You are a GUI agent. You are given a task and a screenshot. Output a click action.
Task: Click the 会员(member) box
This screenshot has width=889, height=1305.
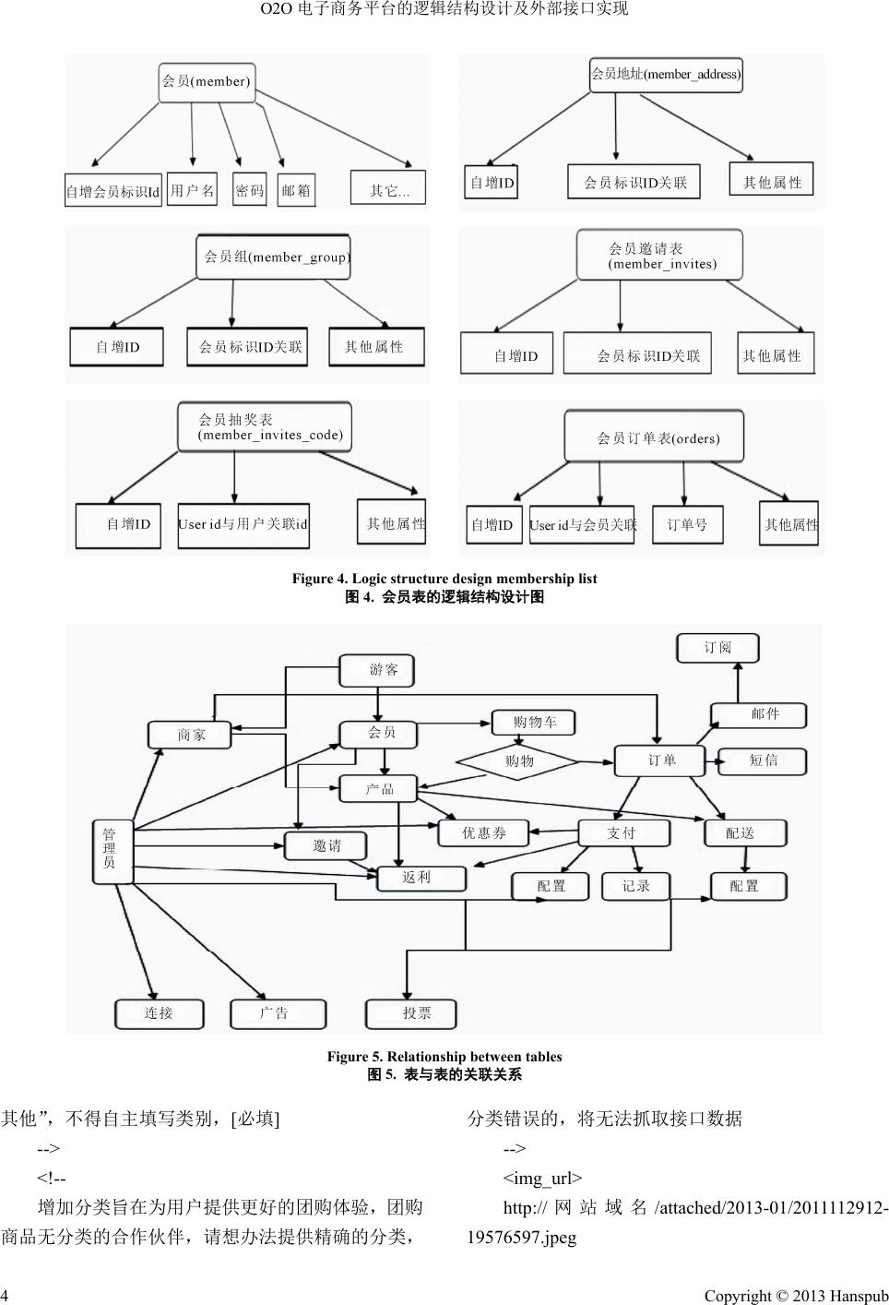click(x=207, y=81)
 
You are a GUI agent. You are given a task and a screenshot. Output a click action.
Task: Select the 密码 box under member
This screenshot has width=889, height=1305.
click(x=249, y=190)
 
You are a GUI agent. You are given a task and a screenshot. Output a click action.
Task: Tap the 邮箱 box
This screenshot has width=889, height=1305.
click(x=296, y=190)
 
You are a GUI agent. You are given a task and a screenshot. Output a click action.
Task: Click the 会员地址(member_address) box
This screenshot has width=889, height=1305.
click(x=666, y=74)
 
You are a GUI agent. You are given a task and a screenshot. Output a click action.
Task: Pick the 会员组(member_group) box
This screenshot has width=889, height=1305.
click(x=274, y=257)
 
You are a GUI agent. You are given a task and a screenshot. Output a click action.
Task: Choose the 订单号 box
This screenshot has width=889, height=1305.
click(x=687, y=524)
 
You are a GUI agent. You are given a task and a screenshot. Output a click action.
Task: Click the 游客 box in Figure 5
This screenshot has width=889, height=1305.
click(x=376, y=670)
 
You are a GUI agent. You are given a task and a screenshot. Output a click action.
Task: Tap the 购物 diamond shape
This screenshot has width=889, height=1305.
click(x=518, y=761)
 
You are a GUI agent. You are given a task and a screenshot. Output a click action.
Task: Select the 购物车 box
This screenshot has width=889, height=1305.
click(x=533, y=723)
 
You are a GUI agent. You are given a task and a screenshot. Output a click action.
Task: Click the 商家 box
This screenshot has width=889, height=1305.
click(x=191, y=735)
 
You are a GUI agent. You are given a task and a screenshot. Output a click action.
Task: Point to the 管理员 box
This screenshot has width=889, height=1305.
click(x=112, y=849)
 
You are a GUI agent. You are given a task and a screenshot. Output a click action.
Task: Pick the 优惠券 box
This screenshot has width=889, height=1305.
click(x=483, y=832)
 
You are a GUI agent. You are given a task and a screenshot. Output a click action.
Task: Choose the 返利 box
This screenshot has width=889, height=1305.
click(x=415, y=877)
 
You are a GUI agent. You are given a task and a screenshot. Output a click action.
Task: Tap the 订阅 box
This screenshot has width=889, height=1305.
click(x=717, y=648)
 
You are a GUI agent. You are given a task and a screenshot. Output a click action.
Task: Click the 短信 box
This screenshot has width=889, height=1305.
click(x=762, y=760)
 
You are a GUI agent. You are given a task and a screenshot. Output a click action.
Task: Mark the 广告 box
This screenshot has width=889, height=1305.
click(x=277, y=1012)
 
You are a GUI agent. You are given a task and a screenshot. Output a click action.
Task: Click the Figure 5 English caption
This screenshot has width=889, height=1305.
click(x=444, y=1057)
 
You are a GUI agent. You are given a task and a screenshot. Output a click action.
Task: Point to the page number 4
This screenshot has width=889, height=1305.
click(x=6, y=1296)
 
